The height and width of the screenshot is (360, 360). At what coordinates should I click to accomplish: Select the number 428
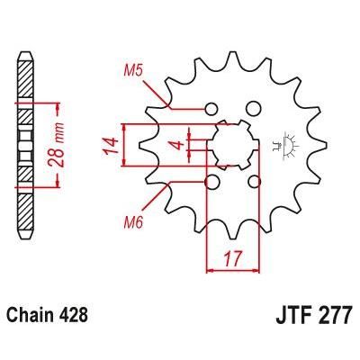[x=75, y=317]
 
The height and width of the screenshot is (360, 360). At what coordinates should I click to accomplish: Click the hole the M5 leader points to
[x=212, y=107]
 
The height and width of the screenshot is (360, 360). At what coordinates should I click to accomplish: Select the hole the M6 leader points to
[x=212, y=183]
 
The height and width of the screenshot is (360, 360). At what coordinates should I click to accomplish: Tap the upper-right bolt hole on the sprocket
[x=254, y=107]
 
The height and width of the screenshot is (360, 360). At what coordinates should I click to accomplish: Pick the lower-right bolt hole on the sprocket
[x=254, y=183]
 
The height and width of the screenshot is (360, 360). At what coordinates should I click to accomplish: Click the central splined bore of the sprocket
[x=233, y=145]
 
